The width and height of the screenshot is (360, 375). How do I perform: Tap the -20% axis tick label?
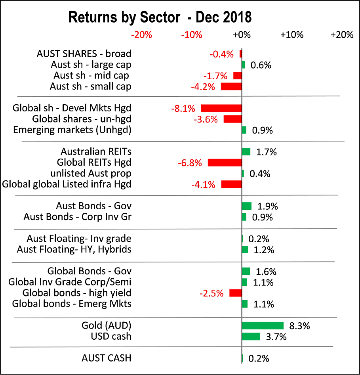(x=142, y=35)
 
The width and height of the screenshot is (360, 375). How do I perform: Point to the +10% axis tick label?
(x=291, y=35)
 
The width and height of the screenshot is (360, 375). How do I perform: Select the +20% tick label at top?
(x=341, y=35)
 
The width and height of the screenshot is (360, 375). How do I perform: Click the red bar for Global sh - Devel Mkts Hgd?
(x=221, y=108)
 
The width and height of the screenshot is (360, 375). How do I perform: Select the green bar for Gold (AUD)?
(x=263, y=325)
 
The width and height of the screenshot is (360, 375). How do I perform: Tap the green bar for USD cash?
(x=251, y=337)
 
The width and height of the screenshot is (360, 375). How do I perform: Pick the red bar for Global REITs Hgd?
(x=225, y=162)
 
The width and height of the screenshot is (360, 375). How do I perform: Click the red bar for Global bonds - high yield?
(x=236, y=293)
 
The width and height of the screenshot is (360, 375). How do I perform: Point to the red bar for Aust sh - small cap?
(x=231, y=86)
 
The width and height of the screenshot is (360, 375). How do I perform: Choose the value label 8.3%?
(x=299, y=326)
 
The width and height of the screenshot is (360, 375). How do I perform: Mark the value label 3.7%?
(x=276, y=337)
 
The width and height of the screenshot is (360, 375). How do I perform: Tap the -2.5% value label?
(x=213, y=294)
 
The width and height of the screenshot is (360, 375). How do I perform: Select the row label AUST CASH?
(x=106, y=358)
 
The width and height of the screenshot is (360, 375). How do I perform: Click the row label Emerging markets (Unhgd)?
(x=72, y=130)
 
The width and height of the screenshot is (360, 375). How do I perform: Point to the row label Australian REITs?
(x=96, y=151)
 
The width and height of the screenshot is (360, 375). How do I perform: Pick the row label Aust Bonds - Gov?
(x=93, y=206)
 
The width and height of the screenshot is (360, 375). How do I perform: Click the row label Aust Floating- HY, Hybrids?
(x=74, y=249)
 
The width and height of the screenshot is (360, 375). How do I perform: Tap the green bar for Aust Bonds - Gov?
(x=247, y=206)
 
